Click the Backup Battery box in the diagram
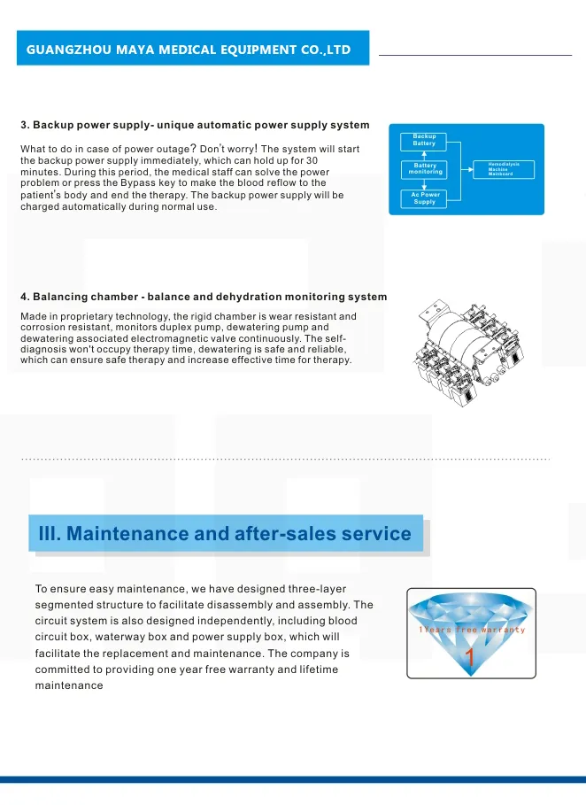tap(424, 140)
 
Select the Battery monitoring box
tap(426, 168)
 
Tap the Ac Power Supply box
tap(425, 198)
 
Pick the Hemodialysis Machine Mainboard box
tap(503, 168)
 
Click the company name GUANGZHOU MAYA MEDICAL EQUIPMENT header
tap(189, 50)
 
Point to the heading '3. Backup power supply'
tap(195, 125)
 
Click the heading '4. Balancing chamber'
tap(204, 297)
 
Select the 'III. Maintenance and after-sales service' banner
tap(226, 534)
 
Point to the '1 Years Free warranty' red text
tap(472, 630)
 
